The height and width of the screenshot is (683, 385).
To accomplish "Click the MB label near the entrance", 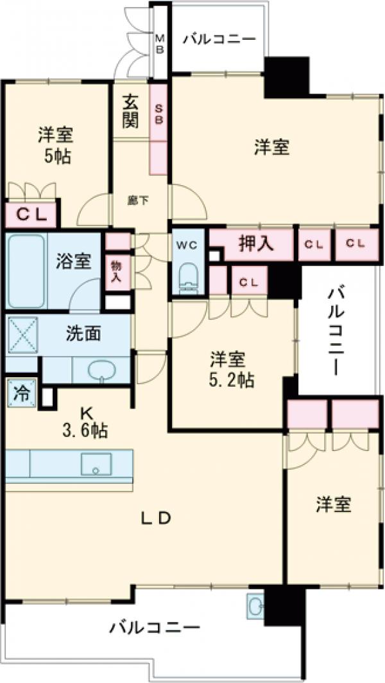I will pyautogui.click(x=160, y=44).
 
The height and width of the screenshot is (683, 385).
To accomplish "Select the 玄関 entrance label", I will pyautogui.click(x=132, y=112).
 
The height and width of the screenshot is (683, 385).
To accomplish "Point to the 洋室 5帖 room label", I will pyautogui.click(x=55, y=145).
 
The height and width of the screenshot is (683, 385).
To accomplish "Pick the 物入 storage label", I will pyautogui.click(x=116, y=271).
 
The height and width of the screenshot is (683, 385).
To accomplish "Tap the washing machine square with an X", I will pyautogui.click(x=23, y=335).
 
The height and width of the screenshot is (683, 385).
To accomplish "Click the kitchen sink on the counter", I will pyautogui.click(x=96, y=464).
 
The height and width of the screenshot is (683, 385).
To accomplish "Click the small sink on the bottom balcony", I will pyautogui.click(x=255, y=606).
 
